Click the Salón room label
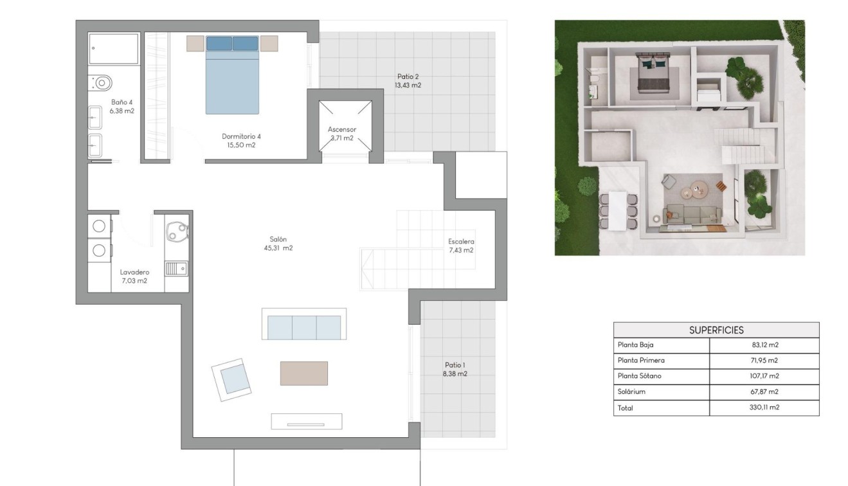pyautogui.click(x=278, y=239)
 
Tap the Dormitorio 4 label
pyautogui.click(x=241, y=136)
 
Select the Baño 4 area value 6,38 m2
pyautogui.click(x=122, y=111)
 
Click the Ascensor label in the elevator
pyautogui.click(x=341, y=130)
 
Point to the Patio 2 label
pyautogui.click(x=408, y=76)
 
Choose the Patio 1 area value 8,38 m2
pyautogui.click(x=455, y=373)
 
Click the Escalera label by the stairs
pyautogui.click(x=460, y=242)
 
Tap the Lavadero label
pyautogui.click(x=134, y=273)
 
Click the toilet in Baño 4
pyautogui.click(x=101, y=83)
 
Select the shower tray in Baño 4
pyautogui.click(x=114, y=49)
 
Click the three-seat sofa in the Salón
pyautogui.click(x=303, y=326)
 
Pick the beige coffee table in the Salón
pyautogui.click(x=303, y=373)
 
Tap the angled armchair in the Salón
pyautogui.click(x=231, y=379)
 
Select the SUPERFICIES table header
pyautogui.click(x=716, y=330)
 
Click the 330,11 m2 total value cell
pyautogui.click(x=764, y=408)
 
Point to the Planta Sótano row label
pyautogui.click(x=639, y=376)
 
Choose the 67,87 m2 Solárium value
pyautogui.click(x=764, y=392)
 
